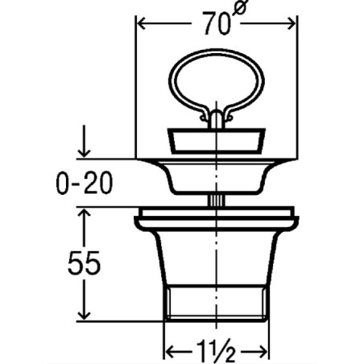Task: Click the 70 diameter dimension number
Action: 217,23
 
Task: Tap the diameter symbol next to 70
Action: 240,8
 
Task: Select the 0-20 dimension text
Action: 85,184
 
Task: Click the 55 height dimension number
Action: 85,263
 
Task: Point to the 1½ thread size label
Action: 216,351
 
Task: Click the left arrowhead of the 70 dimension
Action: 142,23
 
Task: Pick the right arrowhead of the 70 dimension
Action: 291,23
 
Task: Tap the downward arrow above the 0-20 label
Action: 85,141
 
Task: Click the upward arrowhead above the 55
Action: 85,214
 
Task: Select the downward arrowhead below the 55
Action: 85,314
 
